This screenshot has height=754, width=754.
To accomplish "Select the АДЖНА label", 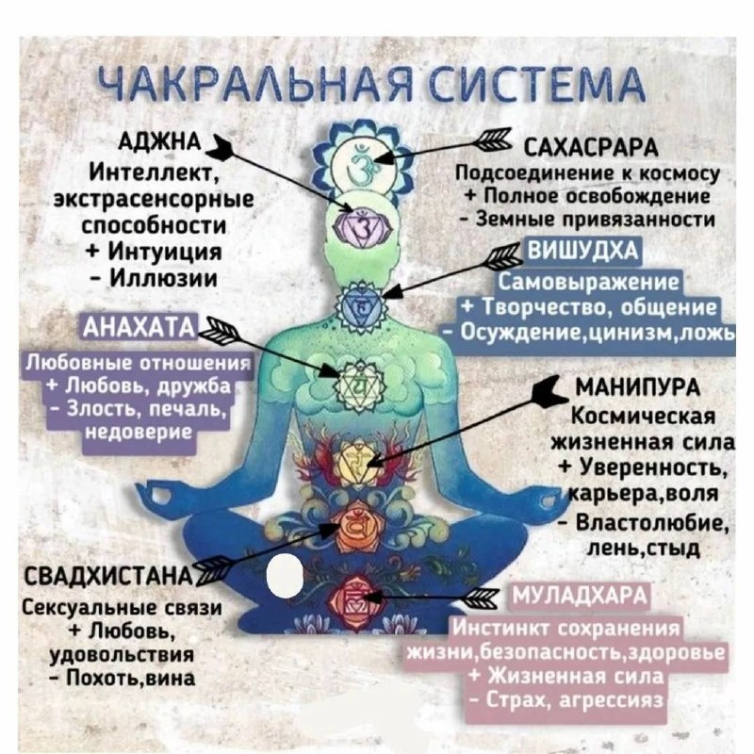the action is (x=158, y=141).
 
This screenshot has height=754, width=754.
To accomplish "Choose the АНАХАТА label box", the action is (x=139, y=326).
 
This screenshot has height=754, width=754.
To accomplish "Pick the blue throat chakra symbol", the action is (x=359, y=304).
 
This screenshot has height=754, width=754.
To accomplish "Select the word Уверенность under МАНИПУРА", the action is (x=649, y=468).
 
